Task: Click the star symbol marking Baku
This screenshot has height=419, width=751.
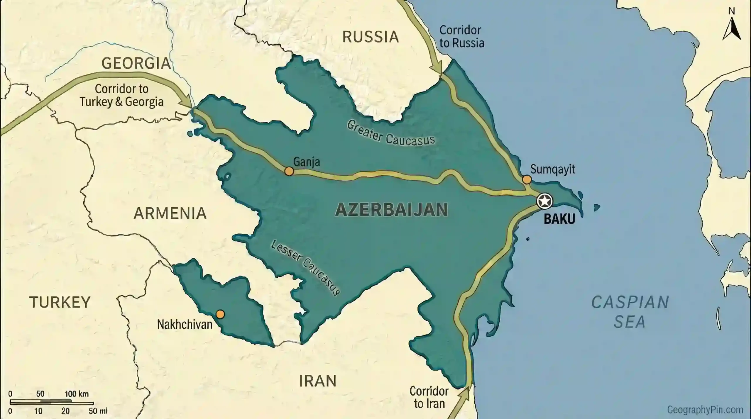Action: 544,201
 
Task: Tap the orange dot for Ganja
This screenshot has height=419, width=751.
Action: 289,171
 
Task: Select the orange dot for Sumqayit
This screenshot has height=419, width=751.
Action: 527,179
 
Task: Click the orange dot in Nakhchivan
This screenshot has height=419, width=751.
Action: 220,314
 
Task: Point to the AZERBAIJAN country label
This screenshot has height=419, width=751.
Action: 391,210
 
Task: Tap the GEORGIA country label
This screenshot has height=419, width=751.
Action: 136,63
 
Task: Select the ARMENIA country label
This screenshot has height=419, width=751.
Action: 170,213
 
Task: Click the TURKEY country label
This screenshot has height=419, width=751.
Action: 60,302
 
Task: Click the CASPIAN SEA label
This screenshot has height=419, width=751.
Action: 630,312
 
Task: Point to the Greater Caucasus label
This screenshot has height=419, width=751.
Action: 390,133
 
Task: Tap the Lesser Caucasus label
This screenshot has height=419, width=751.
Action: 305,267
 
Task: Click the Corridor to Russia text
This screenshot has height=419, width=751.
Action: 461,37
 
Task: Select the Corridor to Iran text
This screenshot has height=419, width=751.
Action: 429,397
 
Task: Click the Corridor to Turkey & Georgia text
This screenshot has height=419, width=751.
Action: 121,95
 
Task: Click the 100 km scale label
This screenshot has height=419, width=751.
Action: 76,393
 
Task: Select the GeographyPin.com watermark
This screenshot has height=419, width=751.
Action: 705,409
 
